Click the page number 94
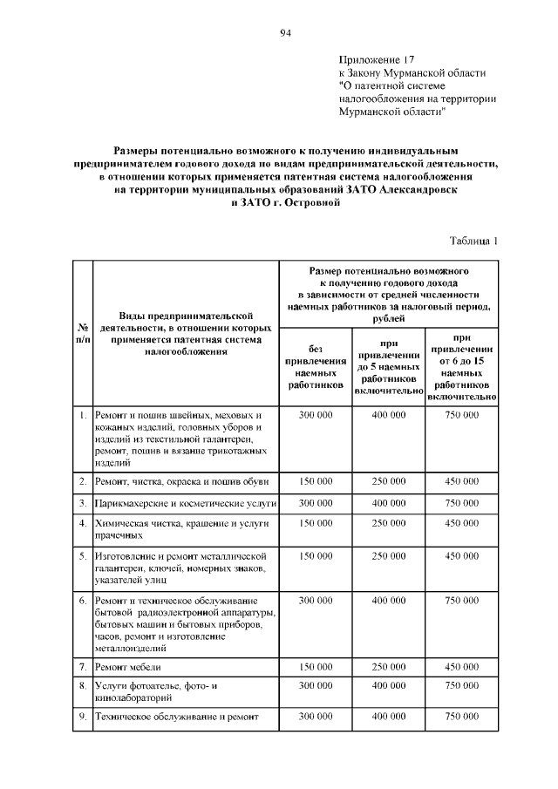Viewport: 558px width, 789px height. [x=285, y=33]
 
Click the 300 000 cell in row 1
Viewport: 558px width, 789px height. [x=316, y=415]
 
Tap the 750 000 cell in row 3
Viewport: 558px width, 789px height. [x=461, y=503]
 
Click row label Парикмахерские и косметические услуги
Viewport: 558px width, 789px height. [x=186, y=503]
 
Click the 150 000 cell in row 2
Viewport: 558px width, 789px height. [x=316, y=480]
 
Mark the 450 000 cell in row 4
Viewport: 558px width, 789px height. [x=461, y=523]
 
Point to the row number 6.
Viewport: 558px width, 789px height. [x=81, y=601]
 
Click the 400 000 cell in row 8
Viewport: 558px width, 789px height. [x=388, y=686]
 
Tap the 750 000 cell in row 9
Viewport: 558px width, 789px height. [x=461, y=716]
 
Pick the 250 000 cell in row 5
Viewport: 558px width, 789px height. [x=388, y=555]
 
